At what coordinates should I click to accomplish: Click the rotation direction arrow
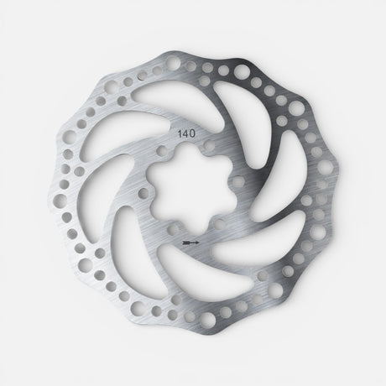191,240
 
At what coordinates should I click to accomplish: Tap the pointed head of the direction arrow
200,240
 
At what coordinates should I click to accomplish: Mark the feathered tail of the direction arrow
184,240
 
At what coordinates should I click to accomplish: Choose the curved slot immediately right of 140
252,134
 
